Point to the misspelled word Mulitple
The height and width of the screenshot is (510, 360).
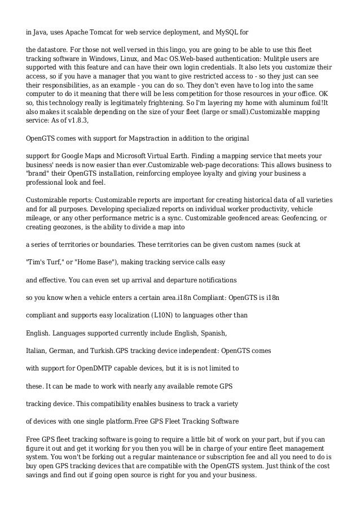[291, 59]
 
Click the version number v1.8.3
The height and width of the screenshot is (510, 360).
[79, 122]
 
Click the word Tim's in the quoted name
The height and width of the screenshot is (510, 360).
[37, 262]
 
